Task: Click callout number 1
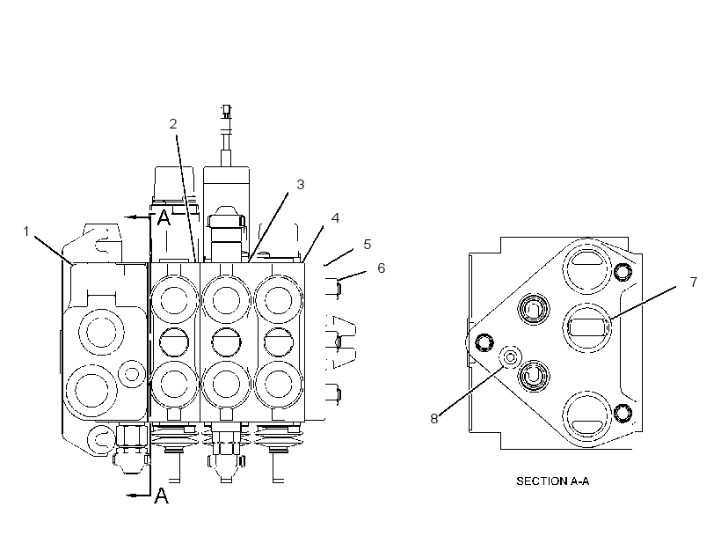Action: click(26, 231)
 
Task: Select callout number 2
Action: click(173, 124)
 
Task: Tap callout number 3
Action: click(300, 185)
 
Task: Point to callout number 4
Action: click(335, 218)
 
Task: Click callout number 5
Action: click(367, 245)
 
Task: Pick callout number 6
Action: click(382, 268)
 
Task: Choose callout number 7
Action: click(694, 282)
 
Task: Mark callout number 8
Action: click(434, 419)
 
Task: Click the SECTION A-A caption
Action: click(553, 481)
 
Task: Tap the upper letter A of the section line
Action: click(164, 217)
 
